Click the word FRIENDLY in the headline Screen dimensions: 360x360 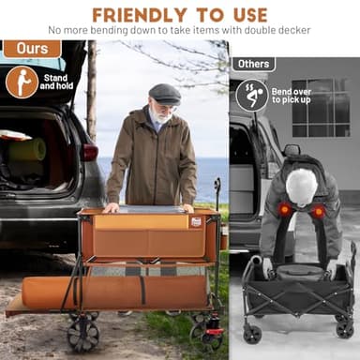(140, 15)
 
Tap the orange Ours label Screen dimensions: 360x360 (32, 49)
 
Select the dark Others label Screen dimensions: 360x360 (253, 64)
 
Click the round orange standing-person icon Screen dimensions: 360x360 (22, 82)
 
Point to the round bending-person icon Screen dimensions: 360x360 (252, 96)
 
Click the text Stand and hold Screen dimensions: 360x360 (56, 82)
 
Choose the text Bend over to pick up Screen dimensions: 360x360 (292, 96)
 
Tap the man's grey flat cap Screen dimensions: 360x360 (165, 94)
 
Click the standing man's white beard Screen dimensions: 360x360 (161, 116)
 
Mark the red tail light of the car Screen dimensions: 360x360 (89, 152)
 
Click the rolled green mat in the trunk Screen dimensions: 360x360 (27, 150)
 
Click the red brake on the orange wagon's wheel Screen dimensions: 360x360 (214, 332)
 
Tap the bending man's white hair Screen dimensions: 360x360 (301, 187)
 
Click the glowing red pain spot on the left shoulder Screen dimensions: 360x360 (284, 210)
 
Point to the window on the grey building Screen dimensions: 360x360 (321, 108)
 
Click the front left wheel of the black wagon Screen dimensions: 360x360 (252, 333)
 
